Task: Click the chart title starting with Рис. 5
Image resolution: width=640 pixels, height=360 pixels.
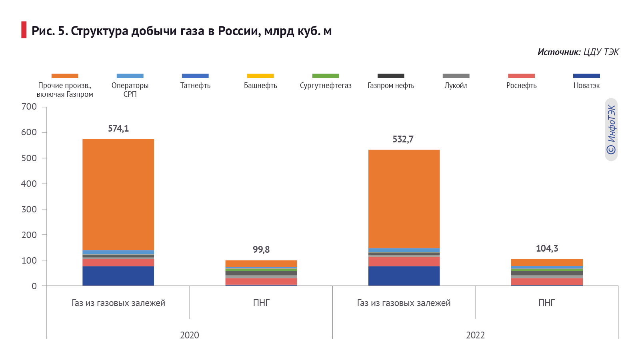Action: coord(181,31)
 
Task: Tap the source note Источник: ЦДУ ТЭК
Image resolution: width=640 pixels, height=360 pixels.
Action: coord(578,52)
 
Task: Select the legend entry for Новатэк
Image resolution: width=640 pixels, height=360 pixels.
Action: coord(586,85)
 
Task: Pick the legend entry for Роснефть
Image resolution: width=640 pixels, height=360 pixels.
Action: coord(521,85)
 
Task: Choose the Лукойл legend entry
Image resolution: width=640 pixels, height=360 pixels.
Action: coord(456,85)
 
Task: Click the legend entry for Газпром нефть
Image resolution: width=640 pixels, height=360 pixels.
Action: coord(391,85)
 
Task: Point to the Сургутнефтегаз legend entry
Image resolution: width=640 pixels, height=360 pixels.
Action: coord(326,85)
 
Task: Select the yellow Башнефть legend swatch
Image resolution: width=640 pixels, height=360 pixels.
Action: coord(260,76)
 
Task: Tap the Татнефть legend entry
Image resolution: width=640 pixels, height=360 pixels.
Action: coord(195,85)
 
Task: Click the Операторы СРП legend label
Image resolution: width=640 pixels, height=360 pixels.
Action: coord(130,90)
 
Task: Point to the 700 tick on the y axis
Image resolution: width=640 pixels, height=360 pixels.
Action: coord(29,107)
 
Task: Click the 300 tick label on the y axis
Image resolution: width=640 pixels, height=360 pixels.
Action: coord(29,209)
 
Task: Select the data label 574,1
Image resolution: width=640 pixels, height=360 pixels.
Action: coord(118,128)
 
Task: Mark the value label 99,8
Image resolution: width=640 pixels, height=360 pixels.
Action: coord(261,250)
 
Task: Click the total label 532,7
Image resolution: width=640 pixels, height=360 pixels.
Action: coord(403,139)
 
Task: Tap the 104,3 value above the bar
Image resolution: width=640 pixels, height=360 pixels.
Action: coord(547,248)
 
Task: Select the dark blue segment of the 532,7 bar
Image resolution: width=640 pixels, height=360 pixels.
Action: coord(404,276)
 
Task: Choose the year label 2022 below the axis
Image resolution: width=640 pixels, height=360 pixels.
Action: coord(475,335)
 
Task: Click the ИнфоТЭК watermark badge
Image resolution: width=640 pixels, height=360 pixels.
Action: coord(611,130)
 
